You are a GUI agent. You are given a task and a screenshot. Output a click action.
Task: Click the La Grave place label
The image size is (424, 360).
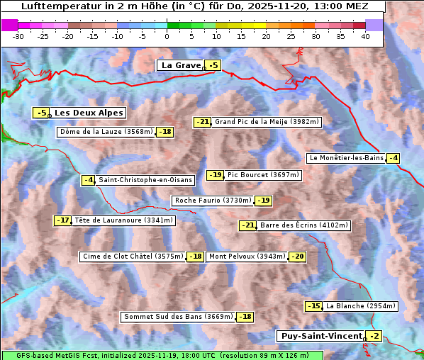(x=181, y=65)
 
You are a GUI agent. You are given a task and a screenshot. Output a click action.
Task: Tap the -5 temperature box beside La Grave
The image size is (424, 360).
(x=213, y=66)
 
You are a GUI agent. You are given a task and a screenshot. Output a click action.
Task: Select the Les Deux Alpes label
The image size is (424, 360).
(x=89, y=113)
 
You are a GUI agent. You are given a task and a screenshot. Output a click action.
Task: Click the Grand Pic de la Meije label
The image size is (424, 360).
(x=267, y=122)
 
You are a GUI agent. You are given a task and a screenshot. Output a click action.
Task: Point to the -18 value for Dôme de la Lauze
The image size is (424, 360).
(x=165, y=132)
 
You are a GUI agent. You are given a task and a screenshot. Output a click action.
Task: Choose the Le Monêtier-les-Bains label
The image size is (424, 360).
(x=346, y=158)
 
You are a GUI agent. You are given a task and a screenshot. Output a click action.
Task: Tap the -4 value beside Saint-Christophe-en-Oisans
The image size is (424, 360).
(x=89, y=180)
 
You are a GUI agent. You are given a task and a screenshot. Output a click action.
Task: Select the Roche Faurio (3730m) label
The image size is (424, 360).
(x=213, y=201)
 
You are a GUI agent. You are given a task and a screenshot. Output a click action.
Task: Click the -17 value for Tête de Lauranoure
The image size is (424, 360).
(x=64, y=220)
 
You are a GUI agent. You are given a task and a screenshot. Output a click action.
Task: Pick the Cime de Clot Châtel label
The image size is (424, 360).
(x=133, y=257)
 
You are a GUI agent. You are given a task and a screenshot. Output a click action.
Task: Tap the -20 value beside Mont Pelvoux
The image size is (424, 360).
(x=297, y=257)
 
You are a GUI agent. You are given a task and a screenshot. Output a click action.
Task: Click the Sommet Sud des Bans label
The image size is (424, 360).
(x=178, y=317)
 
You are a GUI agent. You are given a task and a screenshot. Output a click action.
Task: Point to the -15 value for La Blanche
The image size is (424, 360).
(x=313, y=306)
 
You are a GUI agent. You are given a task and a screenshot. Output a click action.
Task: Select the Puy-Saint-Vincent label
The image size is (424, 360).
(x=320, y=336)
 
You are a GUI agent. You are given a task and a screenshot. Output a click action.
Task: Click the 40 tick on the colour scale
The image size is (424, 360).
(x=365, y=35)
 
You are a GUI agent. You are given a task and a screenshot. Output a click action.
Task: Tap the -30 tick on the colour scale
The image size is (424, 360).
(x=18, y=35)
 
